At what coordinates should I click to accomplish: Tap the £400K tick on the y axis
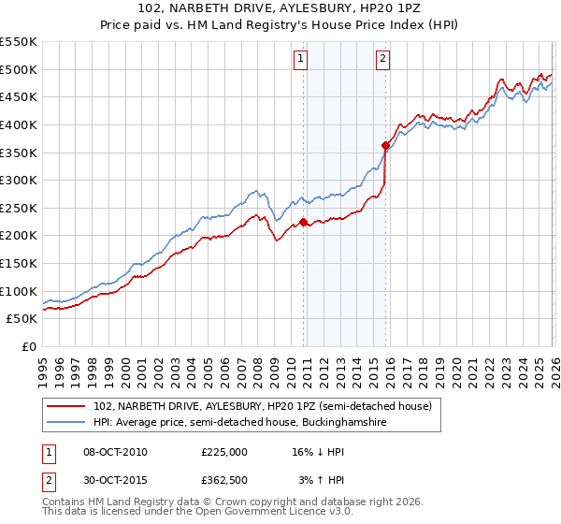pos(18,124)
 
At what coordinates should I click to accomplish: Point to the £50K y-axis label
pos(22,319)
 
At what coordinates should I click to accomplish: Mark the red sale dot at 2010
pos(303,222)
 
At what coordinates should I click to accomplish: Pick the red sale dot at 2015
pos(386,145)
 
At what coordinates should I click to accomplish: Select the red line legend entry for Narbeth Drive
pos(262,406)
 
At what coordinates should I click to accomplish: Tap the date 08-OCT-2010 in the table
pos(115,452)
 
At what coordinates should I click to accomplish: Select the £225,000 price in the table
pos(224,452)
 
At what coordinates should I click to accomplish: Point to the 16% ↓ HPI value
pos(318,452)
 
